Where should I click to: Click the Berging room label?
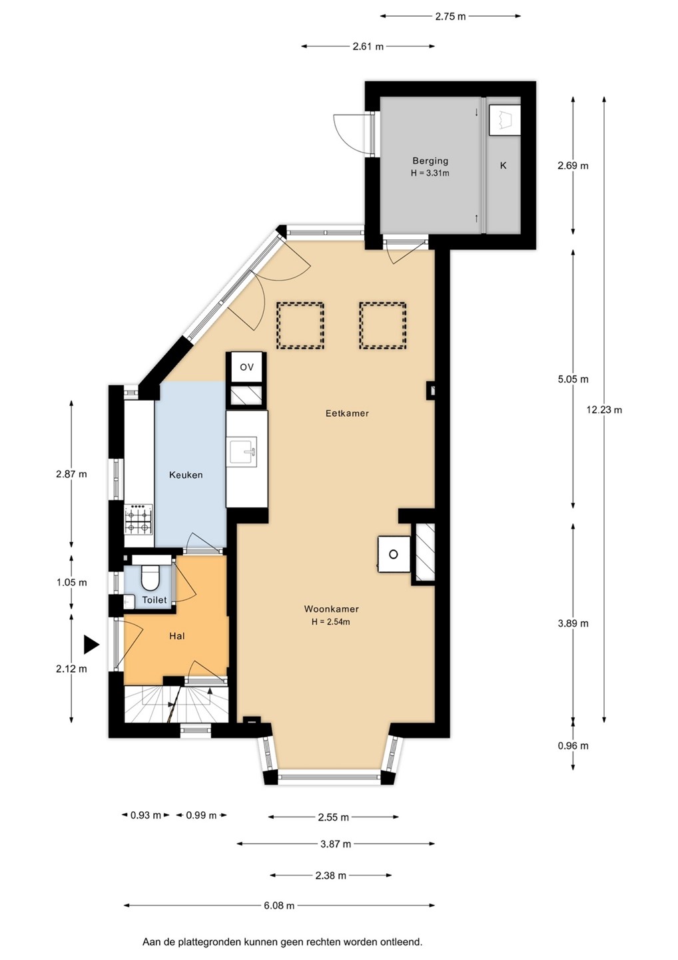[430, 161]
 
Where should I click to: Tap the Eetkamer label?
[347, 413]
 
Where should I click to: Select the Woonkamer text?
[331, 609]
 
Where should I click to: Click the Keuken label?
[186, 475]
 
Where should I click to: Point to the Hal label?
[176, 635]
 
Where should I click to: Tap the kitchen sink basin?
[243, 451]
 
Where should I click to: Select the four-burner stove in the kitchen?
[139, 519]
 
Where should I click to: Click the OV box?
[246, 367]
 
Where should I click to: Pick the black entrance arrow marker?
[91, 645]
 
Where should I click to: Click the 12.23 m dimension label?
[604, 410]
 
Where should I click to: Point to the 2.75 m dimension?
[450, 16]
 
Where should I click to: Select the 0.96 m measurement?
[573, 746]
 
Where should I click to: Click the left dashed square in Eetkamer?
[300, 326]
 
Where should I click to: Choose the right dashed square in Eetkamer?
[383, 326]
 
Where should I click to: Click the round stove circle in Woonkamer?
[394, 554]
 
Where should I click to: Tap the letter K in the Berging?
[504, 165]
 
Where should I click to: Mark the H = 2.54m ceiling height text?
[331, 622]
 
